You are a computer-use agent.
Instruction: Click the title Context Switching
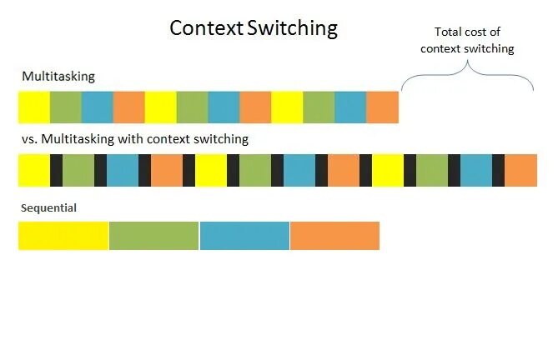[254, 28]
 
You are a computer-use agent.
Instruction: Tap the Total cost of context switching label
[467, 40]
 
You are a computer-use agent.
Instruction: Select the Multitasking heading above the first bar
[58, 77]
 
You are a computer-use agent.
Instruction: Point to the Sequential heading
[48, 207]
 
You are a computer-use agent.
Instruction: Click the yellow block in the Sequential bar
[63, 236]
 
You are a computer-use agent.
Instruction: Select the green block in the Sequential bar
[153, 236]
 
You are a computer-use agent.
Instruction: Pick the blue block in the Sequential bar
[244, 236]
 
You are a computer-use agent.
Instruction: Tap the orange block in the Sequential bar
[334, 236]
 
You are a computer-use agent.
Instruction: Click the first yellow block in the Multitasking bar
[34, 107]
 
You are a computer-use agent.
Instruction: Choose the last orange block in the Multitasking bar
[382, 107]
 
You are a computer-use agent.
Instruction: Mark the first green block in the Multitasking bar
[66, 107]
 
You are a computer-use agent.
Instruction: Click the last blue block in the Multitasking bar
[350, 107]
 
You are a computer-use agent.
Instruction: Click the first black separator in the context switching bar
[56, 170]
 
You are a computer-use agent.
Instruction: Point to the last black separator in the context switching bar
[498, 170]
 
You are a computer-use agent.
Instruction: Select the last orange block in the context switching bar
[520, 170]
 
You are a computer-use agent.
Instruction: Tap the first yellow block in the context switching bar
[34, 170]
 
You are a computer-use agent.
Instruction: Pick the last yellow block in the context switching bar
[388, 170]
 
